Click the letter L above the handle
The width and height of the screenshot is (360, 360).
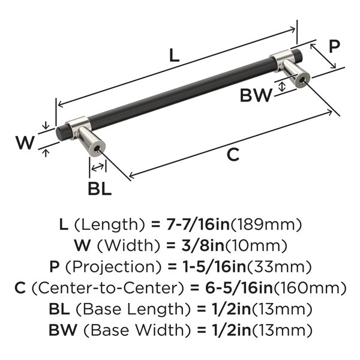coord(174,55)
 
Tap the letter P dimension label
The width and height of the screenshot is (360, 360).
coord(334,46)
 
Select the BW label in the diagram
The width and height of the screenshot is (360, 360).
coord(256,95)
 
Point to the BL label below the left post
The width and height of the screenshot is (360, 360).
coord(100,189)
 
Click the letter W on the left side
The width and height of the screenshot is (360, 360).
coord(25,142)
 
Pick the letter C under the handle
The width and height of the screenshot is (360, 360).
coord(233,154)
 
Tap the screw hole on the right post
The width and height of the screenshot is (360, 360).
coord(302,80)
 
